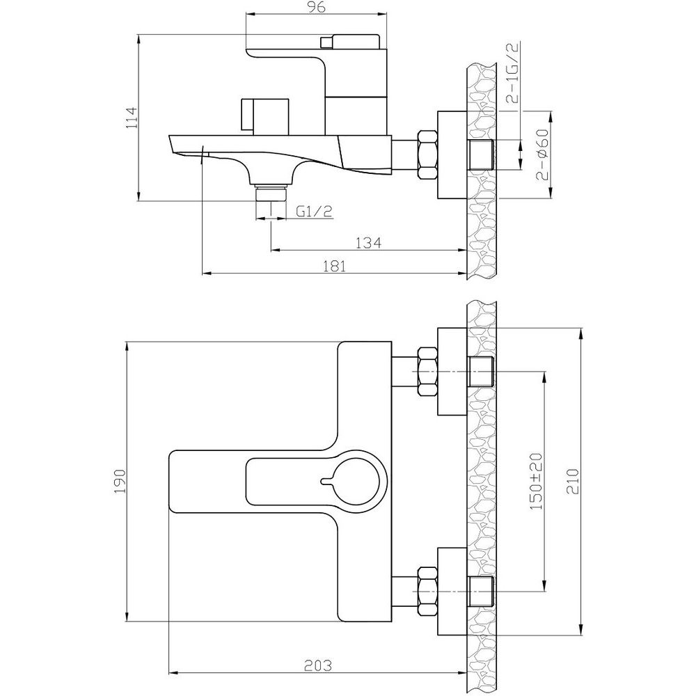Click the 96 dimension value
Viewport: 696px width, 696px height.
click(x=316, y=7)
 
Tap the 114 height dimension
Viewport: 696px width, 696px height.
click(x=132, y=118)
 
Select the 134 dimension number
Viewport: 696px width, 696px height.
click(x=368, y=243)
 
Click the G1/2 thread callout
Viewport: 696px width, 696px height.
click(x=315, y=212)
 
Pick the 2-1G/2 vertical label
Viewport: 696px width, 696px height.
click(x=514, y=73)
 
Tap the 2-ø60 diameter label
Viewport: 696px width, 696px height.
click(x=542, y=155)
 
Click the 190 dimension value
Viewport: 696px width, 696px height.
click(x=120, y=482)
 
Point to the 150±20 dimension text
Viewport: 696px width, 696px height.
click(x=536, y=482)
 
